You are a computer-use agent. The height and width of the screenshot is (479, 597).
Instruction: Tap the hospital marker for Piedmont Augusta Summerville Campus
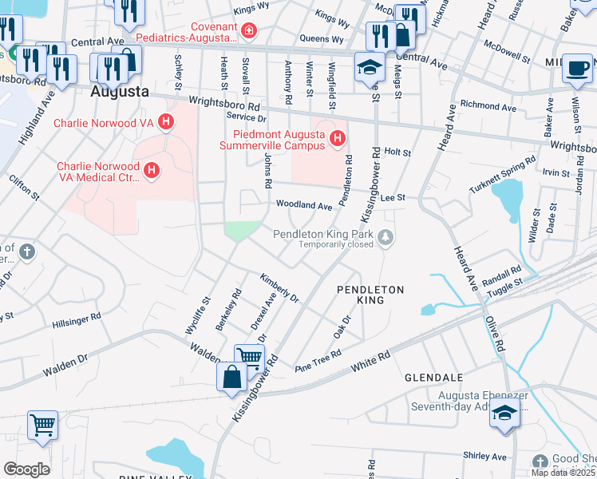click(338, 140)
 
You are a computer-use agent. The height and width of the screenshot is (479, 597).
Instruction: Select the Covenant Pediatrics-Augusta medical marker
click(250, 31)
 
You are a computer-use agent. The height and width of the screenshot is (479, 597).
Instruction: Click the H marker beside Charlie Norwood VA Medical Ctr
click(150, 171)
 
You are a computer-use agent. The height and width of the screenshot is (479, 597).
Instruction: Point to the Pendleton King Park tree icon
click(386, 235)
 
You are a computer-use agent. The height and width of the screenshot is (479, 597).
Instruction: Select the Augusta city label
click(120, 91)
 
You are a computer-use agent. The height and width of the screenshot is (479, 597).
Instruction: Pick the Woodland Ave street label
click(304, 205)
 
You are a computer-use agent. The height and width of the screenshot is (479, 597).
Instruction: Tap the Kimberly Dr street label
click(279, 288)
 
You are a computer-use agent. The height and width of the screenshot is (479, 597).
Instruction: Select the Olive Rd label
click(496, 334)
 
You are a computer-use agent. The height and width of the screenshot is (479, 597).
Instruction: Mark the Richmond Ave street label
click(488, 105)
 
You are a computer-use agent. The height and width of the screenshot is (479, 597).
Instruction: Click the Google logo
click(26, 469)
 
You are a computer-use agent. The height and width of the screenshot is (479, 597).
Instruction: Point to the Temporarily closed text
click(337, 245)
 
